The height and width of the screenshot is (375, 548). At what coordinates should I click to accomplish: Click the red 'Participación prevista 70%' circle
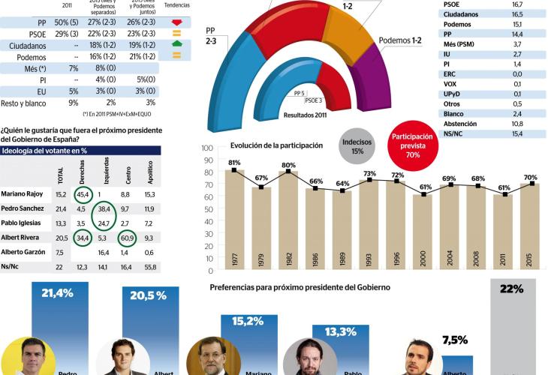[x=411, y=146]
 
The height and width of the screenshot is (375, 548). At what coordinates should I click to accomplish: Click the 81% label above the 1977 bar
[x=234, y=163]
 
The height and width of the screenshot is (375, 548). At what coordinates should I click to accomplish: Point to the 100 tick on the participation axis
[x=208, y=148]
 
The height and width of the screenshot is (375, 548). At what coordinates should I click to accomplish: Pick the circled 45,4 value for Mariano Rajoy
[x=84, y=194]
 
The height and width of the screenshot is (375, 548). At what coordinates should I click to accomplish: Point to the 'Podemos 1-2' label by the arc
[x=400, y=40]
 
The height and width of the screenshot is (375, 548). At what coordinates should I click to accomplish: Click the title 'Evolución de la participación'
[x=276, y=145]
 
